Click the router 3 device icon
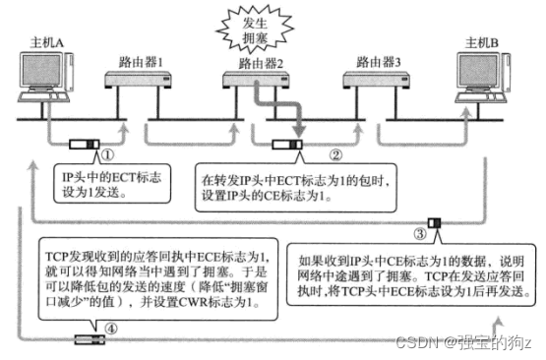point(372,83)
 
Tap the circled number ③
point(420,234)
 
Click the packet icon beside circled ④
point(88,339)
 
